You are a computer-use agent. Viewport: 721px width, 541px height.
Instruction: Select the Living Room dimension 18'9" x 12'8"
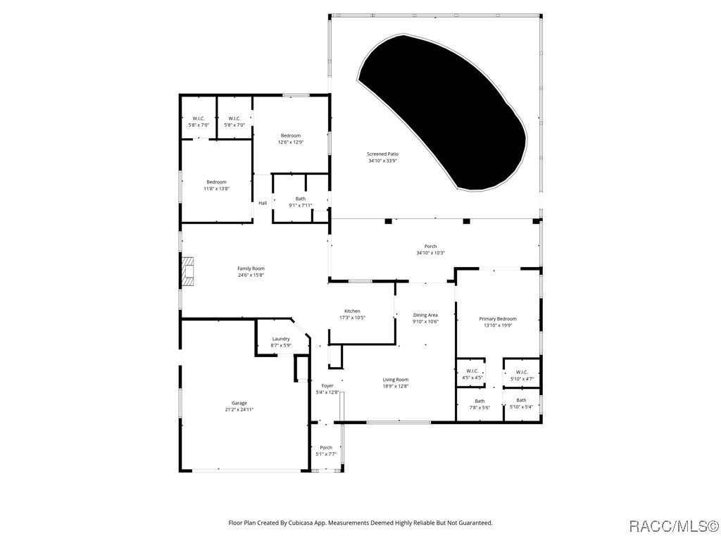(x=396, y=386)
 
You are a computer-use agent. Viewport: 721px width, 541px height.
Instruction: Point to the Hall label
(x=263, y=203)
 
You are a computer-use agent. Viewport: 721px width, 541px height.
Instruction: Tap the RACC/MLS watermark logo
(x=672, y=526)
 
